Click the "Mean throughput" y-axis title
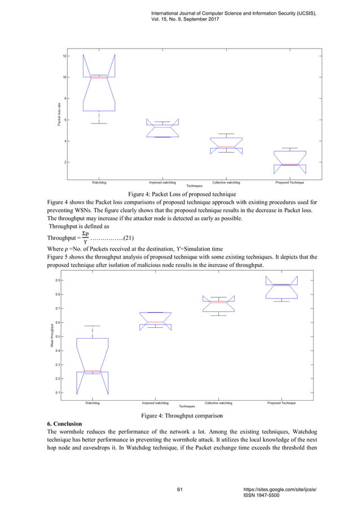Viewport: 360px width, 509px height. point(51,334)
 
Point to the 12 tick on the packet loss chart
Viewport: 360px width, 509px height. point(64,56)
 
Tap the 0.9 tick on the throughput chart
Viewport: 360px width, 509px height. point(59,280)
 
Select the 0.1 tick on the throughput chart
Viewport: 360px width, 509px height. point(59,392)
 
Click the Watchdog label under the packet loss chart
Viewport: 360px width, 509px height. point(99,183)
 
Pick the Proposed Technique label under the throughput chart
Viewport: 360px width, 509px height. point(281,403)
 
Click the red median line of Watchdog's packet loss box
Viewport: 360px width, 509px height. point(99,78)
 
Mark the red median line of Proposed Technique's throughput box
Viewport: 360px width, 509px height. point(281,285)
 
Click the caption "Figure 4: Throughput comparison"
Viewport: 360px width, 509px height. point(179,415)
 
